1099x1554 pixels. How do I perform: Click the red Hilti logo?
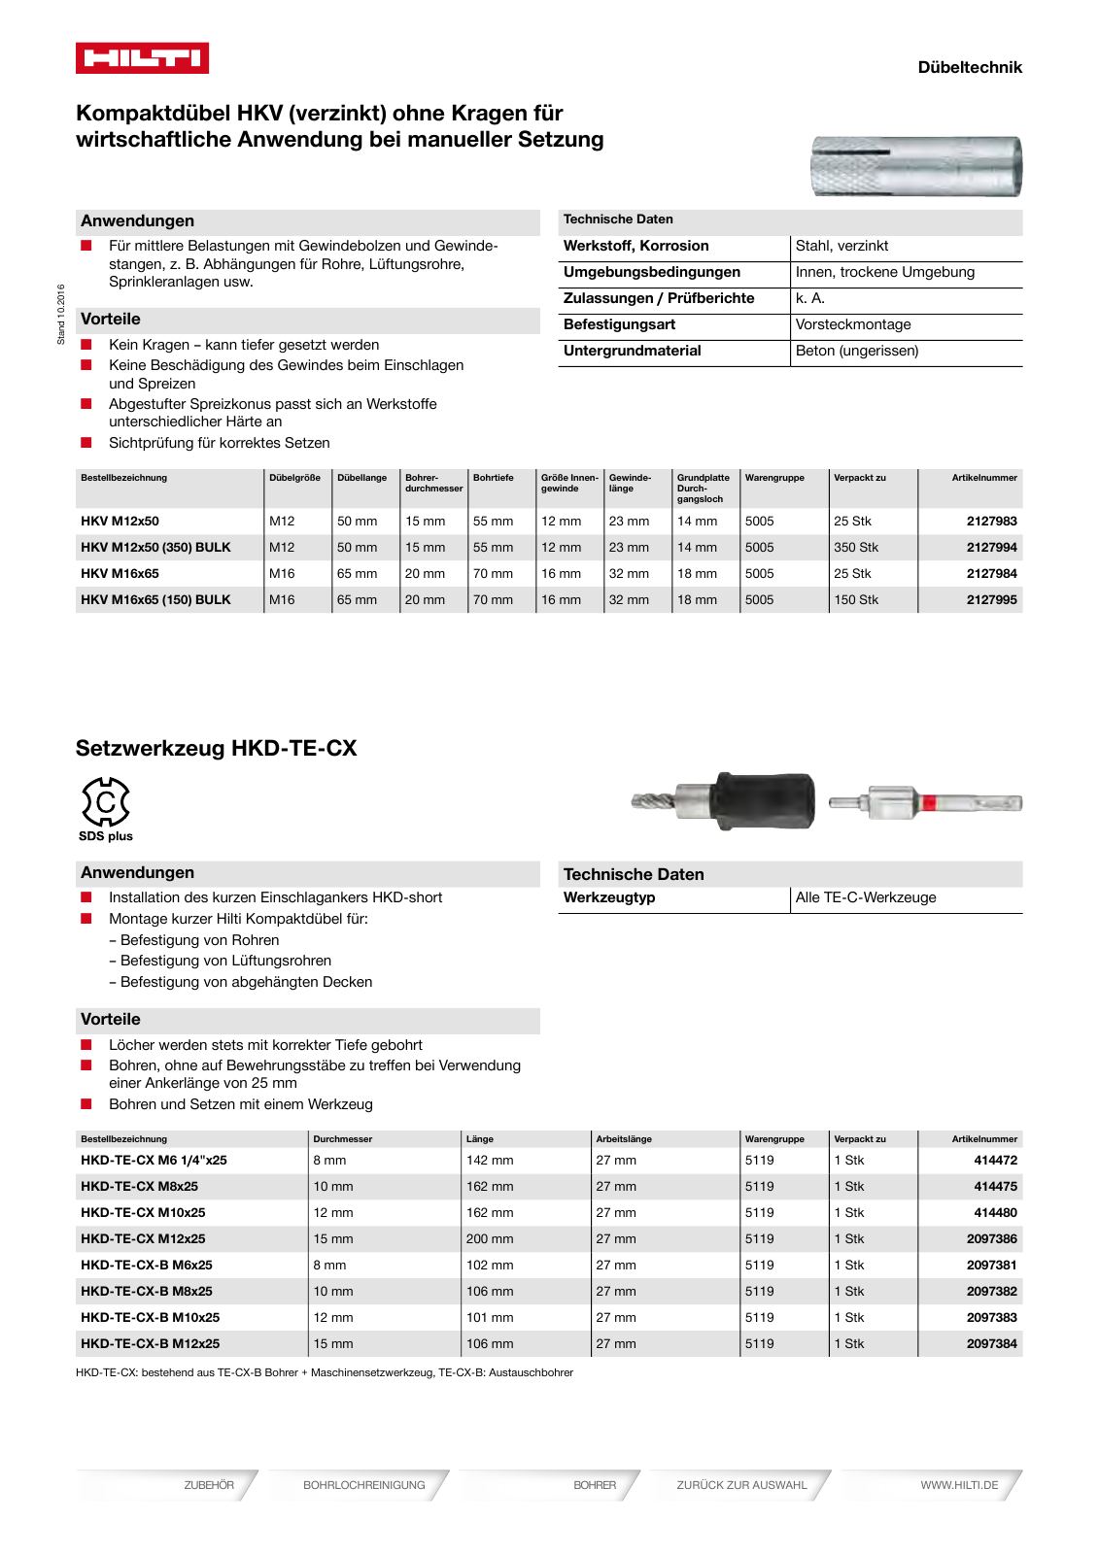click(142, 58)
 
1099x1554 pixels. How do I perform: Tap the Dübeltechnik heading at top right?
click(969, 67)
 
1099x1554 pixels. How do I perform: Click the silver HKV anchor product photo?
click(915, 167)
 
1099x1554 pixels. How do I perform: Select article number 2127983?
click(991, 522)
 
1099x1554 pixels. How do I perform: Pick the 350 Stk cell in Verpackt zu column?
click(856, 548)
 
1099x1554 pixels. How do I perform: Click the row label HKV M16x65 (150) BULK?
click(155, 600)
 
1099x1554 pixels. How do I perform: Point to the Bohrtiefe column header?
click(493, 478)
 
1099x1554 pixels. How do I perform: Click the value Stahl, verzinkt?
click(841, 247)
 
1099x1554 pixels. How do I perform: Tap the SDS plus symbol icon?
click(105, 802)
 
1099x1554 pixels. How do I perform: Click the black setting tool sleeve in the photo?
click(765, 801)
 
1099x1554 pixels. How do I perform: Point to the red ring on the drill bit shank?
click(928, 803)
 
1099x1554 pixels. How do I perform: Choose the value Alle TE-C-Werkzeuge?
click(866, 898)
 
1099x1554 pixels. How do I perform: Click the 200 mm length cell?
click(490, 1239)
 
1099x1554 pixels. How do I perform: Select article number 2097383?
click(991, 1318)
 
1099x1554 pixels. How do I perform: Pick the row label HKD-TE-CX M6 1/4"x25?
click(154, 1161)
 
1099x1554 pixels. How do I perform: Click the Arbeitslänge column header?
click(624, 1139)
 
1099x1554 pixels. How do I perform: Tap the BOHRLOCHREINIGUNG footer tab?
click(363, 1485)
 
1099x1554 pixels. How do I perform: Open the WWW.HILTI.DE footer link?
click(958, 1485)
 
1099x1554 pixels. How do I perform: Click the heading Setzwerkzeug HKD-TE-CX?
click(216, 749)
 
